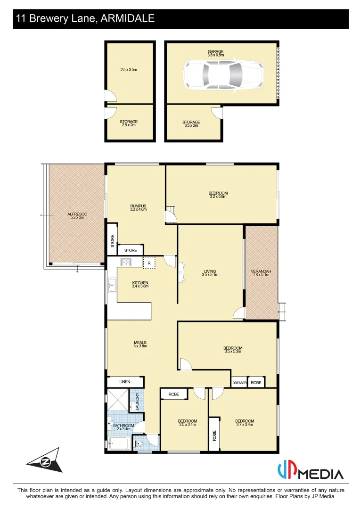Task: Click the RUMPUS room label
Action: click(x=139, y=206)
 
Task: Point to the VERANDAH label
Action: click(x=261, y=272)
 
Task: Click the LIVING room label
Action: click(x=210, y=271)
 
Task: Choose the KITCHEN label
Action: click(x=140, y=283)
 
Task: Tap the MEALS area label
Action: click(x=140, y=343)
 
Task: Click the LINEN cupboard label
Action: click(x=124, y=382)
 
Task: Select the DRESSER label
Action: click(x=239, y=383)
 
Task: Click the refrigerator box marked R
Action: click(x=149, y=263)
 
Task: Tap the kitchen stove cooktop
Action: click(x=126, y=263)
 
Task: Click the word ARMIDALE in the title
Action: click(x=128, y=19)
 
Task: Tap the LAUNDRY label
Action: click(x=137, y=402)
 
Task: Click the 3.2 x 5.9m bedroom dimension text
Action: click(x=218, y=197)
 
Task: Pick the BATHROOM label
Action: click(x=123, y=426)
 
